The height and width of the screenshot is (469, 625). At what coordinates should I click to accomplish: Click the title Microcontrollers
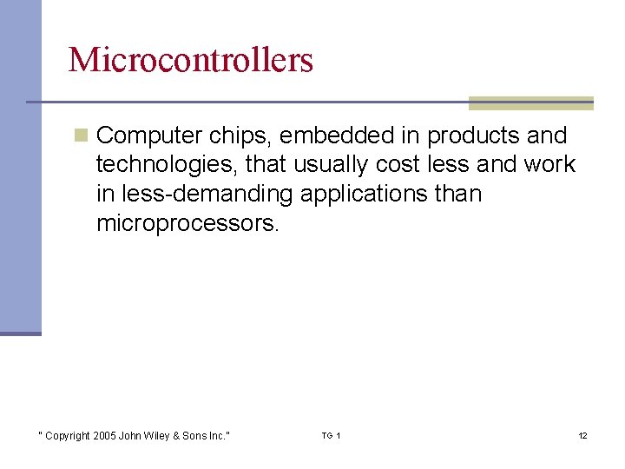[190, 60]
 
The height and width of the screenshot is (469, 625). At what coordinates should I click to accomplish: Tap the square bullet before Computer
[81, 135]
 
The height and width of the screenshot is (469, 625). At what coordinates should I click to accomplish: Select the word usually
[333, 165]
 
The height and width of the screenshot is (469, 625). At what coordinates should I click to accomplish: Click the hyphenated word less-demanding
[207, 194]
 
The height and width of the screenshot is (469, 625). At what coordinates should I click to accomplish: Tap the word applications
[364, 194]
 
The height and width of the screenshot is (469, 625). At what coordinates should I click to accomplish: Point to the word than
[457, 194]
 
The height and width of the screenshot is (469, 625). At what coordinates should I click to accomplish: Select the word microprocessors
[187, 222]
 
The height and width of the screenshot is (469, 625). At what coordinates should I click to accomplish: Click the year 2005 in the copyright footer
[103, 435]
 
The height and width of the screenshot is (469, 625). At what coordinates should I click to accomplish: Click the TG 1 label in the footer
[331, 435]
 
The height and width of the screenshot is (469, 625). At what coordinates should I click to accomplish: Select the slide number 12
[582, 435]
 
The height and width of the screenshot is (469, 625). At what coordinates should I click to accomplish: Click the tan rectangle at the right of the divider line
[530, 103]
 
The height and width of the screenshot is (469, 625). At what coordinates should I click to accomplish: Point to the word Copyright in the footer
[67, 435]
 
